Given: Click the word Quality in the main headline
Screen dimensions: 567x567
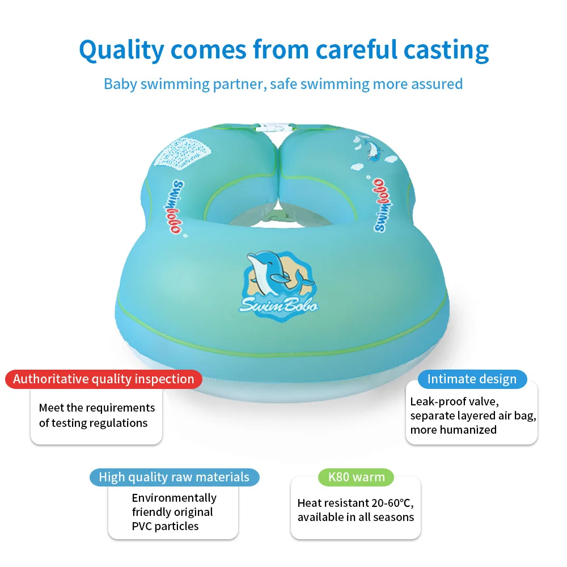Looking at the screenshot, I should click(x=121, y=50).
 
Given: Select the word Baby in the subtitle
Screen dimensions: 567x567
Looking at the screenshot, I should click(x=120, y=84).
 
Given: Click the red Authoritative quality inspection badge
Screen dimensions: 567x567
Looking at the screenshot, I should click(x=103, y=379).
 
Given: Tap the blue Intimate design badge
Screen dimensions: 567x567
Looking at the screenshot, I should click(x=472, y=379).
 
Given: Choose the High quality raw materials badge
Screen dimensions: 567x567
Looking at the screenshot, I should click(x=174, y=477).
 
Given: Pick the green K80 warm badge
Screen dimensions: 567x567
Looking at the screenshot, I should click(x=357, y=477).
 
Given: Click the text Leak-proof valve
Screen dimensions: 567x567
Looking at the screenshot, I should click(x=454, y=401).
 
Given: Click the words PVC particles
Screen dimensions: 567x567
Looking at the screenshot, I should click(x=165, y=526).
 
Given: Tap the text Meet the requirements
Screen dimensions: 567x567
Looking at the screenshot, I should click(x=97, y=408).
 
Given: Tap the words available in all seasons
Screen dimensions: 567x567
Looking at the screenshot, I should click(x=356, y=517).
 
